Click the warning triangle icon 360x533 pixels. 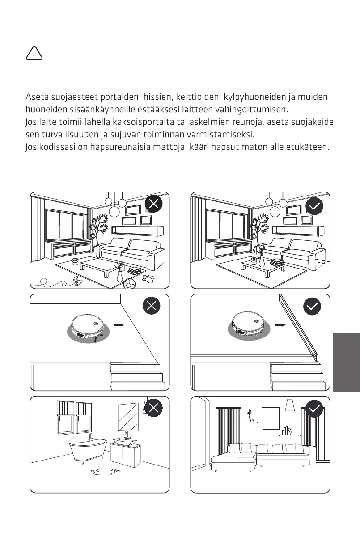(34, 54)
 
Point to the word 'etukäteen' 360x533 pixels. (308, 147)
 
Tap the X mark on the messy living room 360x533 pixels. (153, 205)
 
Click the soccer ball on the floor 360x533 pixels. (130, 283)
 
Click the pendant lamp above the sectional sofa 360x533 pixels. (290, 405)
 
